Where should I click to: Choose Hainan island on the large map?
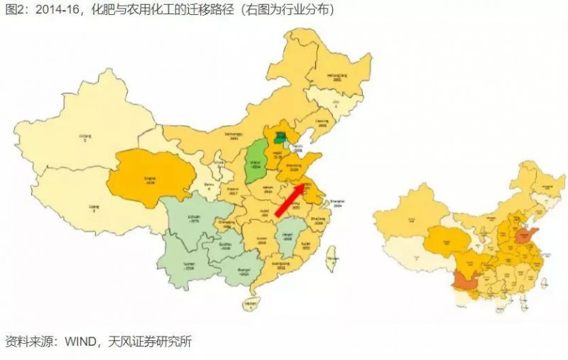[249, 305]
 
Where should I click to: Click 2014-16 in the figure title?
[50, 10]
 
